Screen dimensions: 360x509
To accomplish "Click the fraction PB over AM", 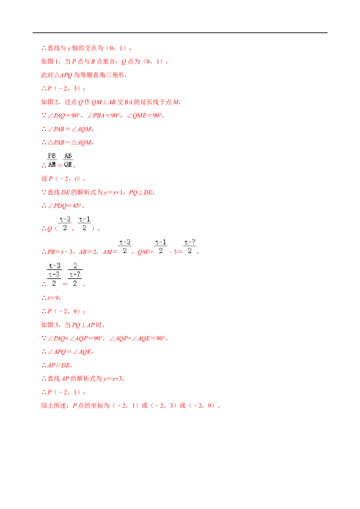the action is pos(52,161).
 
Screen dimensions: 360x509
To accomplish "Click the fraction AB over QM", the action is pos(68,161).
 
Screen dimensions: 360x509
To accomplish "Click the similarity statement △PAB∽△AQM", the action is pos(70,143).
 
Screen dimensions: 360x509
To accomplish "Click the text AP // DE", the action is pos(59,365).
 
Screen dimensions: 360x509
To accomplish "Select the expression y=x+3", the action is pos(113,379).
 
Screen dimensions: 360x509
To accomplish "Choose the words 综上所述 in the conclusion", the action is pos(53,406).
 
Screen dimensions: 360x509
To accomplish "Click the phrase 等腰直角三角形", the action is pos(102,75).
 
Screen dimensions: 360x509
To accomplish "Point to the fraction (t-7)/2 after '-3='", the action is pos(190,247).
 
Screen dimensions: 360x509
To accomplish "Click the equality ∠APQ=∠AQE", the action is pos(70,352).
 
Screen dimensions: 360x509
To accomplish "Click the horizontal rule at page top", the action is pos(180,33).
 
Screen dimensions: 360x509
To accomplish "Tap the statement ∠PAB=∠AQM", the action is pos(70,129).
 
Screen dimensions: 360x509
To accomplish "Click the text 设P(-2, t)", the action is pos(62,179).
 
